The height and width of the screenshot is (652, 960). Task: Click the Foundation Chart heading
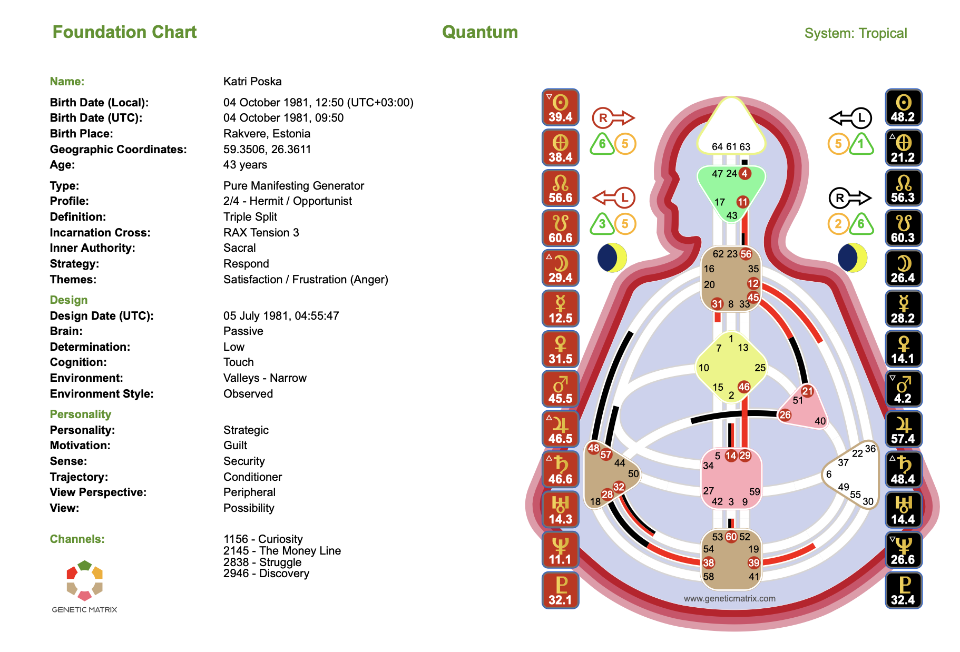click(x=124, y=32)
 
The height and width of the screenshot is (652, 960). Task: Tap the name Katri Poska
click(x=252, y=82)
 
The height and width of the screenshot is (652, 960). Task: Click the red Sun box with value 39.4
click(x=560, y=107)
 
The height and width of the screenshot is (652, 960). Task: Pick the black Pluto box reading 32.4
click(x=903, y=590)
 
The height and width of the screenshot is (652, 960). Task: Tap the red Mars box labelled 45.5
click(x=560, y=389)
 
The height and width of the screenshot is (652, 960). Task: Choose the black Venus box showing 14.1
click(x=903, y=349)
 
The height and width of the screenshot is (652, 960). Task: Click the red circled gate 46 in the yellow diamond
click(x=743, y=387)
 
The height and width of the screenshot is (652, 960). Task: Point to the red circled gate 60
click(x=731, y=537)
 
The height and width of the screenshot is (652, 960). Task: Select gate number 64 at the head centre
click(x=717, y=146)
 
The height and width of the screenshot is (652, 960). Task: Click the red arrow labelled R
click(x=613, y=118)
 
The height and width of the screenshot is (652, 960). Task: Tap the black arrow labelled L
click(x=850, y=118)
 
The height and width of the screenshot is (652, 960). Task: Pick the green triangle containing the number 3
click(x=602, y=224)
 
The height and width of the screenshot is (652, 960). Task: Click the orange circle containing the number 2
click(x=838, y=224)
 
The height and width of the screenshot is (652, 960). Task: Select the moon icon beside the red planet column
click(x=612, y=258)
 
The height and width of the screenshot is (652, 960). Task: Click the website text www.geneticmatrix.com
click(x=729, y=598)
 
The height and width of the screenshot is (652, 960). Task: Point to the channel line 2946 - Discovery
click(x=266, y=574)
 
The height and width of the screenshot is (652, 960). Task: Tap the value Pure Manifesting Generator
click(x=293, y=186)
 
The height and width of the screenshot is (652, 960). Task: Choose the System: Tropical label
click(x=855, y=33)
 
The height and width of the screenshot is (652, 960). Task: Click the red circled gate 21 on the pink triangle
click(x=807, y=391)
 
